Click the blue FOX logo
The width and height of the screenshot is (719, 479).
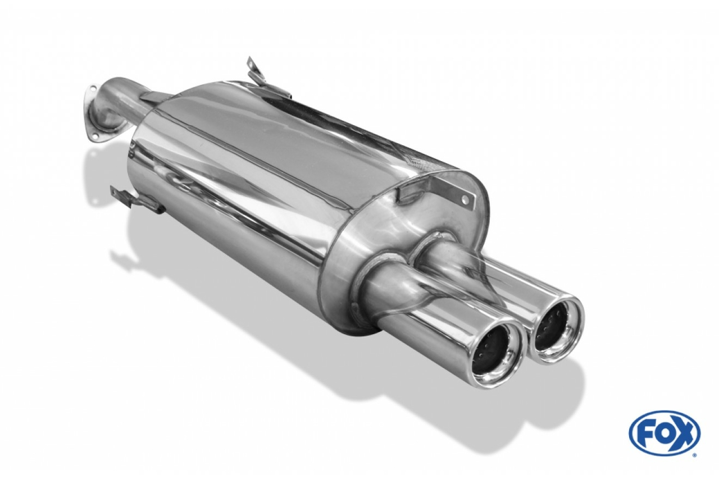click(664, 432)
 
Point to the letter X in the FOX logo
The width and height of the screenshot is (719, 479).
click(682, 432)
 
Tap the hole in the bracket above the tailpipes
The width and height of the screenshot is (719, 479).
click(465, 199)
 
